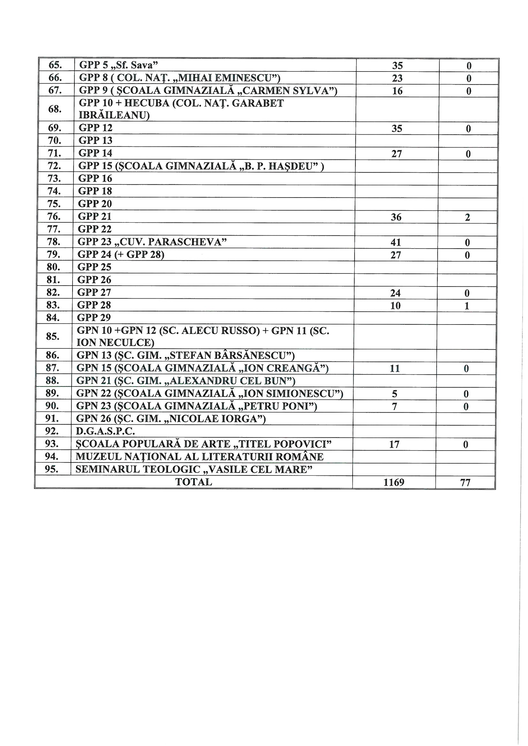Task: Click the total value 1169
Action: (394, 482)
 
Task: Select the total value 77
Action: (465, 482)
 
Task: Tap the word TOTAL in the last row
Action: (194, 482)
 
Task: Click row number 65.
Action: (55, 65)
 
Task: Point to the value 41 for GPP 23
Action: (395, 242)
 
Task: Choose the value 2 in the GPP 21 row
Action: (468, 217)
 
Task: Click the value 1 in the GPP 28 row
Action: (467, 306)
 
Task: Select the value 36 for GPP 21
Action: (396, 217)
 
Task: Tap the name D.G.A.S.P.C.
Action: (105, 431)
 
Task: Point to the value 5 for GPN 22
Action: (394, 394)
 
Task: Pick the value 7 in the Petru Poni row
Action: (394, 407)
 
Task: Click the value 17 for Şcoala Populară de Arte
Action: (394, 444)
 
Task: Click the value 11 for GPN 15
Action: (394, 369)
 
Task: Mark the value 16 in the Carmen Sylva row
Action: (397, 91)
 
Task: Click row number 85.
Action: (53, 336)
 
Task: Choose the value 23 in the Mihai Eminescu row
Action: (397, 78)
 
